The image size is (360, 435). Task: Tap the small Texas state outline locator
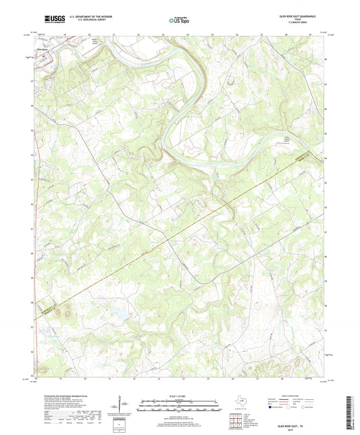pyautogui.click(x=238, y=404)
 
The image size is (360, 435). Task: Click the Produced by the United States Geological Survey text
pyautogui.click(x=71, y=396)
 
